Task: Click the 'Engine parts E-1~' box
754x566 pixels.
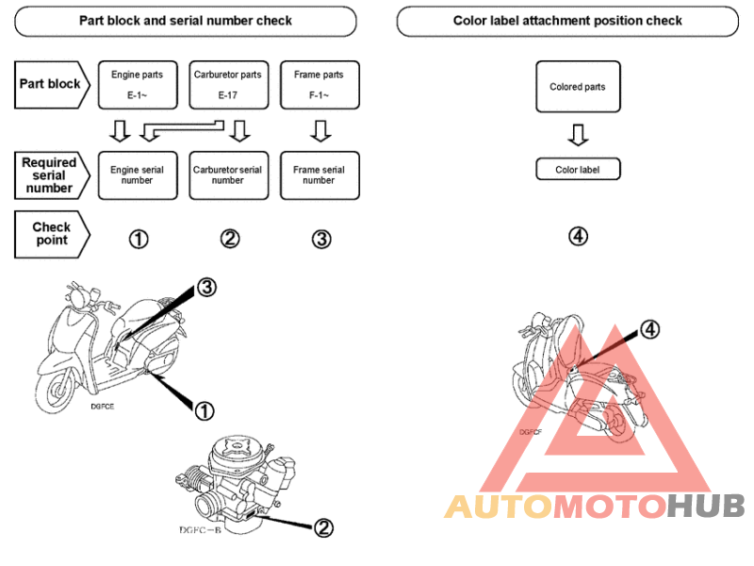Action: click(138, 85)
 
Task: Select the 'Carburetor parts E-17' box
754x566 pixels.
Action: click(228, 85)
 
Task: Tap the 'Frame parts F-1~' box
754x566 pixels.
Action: click(320, 85)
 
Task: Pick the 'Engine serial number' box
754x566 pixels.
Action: click(138, 175)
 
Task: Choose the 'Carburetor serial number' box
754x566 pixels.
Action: click(228, 175)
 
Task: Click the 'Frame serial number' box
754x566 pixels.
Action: click(320, 175)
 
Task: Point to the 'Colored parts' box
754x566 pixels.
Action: click(578, 87)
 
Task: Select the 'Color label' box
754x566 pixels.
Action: click(578, 170)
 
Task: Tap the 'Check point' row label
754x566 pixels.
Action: click(52, 234)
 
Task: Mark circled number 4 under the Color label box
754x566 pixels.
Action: click(578, 236)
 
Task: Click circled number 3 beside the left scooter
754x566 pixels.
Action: click(206, 288)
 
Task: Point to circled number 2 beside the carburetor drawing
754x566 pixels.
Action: click(323, 528)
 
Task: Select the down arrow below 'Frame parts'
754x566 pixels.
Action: click(320, 131)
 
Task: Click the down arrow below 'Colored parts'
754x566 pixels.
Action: click(578, 135)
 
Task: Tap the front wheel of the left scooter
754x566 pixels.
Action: click(55, 389)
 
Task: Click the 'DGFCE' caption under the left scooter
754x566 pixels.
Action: click(103, 407)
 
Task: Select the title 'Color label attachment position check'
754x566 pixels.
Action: click(567, 21)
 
